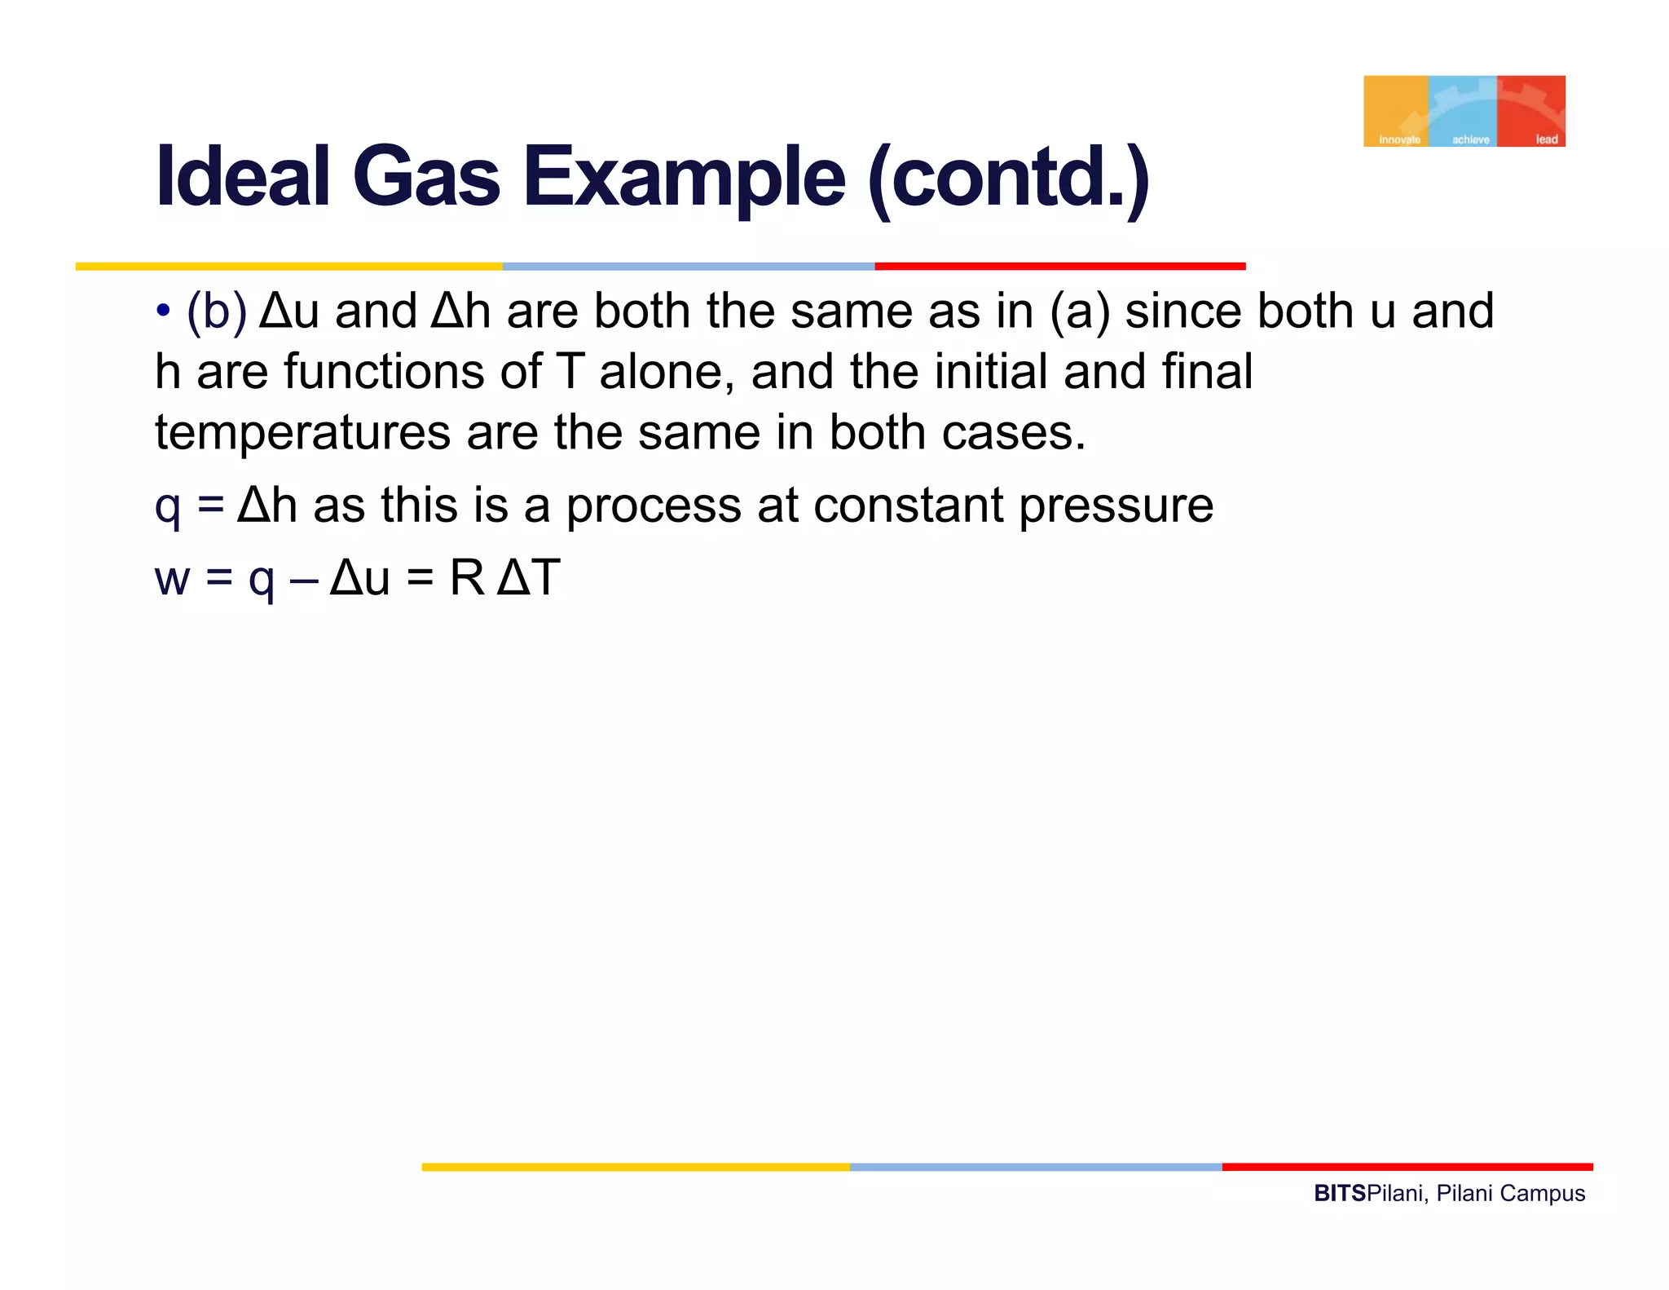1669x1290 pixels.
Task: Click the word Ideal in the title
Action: coord(242,177)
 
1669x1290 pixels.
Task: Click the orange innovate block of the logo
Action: coord(1395,111)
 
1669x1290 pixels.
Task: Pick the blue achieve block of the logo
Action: coord(1463,111)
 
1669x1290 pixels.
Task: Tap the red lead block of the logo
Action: coord(1531,111)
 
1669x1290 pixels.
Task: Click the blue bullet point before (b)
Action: coord(164,311)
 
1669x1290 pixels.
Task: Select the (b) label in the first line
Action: coord(216,311)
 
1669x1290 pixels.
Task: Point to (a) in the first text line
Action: coord(1080,311)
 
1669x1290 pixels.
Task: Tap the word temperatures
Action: coord(302,433)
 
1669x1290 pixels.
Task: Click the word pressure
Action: coord(1116,506)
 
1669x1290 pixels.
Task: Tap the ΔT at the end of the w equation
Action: coord(528,578)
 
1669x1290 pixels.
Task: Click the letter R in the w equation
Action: coord(467,578)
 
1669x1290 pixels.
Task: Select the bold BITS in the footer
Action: coord(1339,1194)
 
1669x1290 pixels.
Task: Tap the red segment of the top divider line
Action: coord(1059,266)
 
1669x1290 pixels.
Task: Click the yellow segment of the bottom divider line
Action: coord(636,1167)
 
